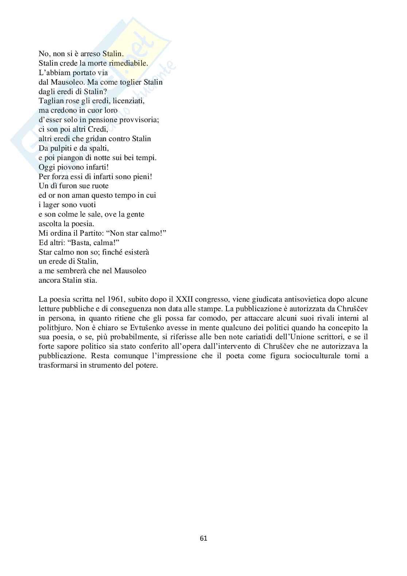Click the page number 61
coord(204,538)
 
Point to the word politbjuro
coord(54,328)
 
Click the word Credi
coord(98,129)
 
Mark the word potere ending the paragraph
coord(146,366)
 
